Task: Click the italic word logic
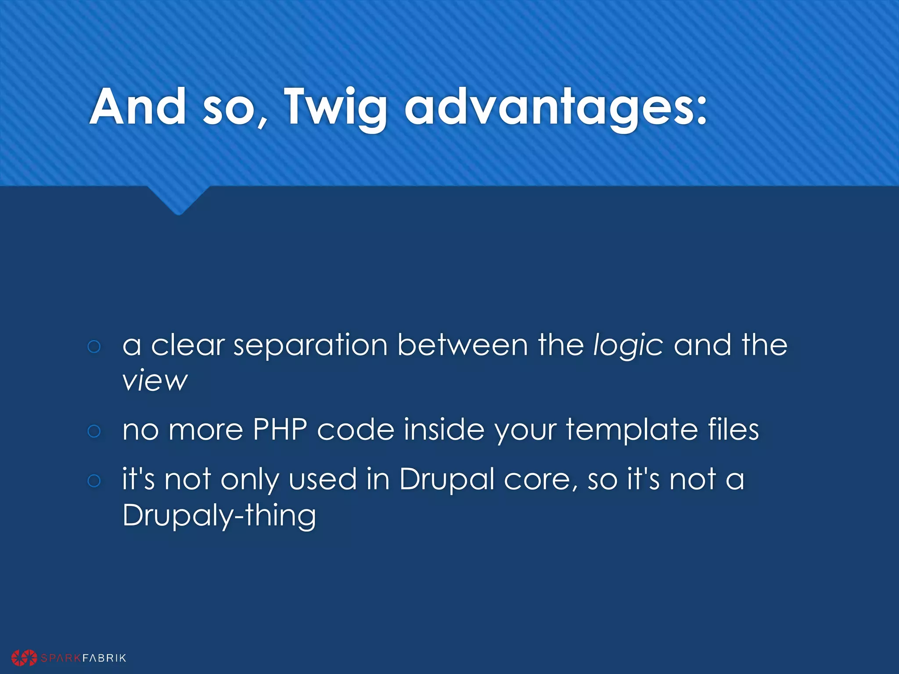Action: click(x=628, y=345)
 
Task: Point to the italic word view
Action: click(x=155, y=380)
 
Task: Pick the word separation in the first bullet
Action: click(x=310, y=345)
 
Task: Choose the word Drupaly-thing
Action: click(x=219, y=515)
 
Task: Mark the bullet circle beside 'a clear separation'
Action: click(x=94, y=347)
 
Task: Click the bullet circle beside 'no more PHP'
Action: click(x=94, y=431)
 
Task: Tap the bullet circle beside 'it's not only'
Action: click(x=94, y=480)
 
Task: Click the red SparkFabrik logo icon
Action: click(x=24, y=657)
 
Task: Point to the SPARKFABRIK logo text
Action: click(x=83, y=658)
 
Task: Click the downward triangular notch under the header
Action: click(x=178, y=200)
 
